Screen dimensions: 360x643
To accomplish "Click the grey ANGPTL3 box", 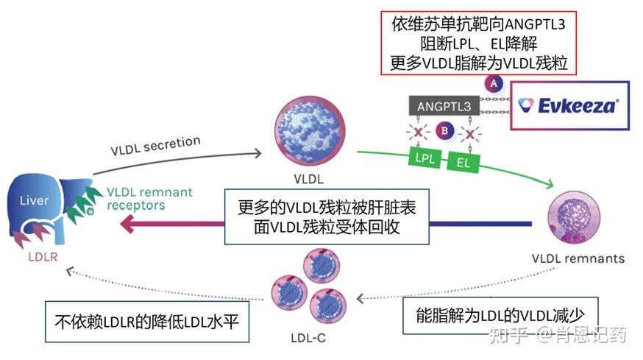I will pos(444,106).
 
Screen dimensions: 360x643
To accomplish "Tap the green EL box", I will pos(463,160).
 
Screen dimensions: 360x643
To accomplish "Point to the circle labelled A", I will pos(492,83).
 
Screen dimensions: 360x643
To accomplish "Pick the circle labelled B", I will pos(444,132).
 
